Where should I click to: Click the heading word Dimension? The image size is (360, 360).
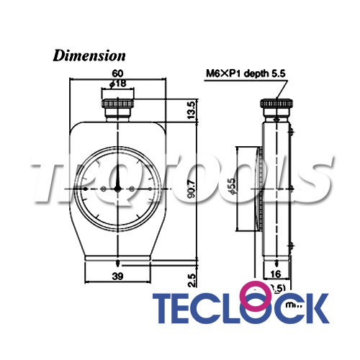pos(90,55)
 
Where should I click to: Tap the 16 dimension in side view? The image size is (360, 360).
pos(277,274)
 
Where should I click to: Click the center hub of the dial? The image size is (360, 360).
pos(117,188)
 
